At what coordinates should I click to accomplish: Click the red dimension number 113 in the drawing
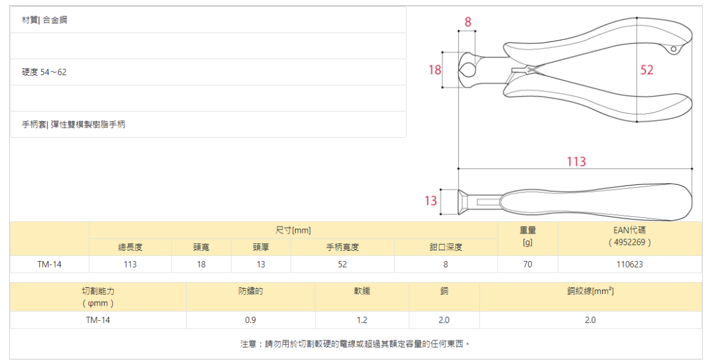(x=576, y=161)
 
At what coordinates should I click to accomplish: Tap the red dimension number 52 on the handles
(x=647, y=70)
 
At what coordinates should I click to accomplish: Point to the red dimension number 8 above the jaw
(x=467, y=22)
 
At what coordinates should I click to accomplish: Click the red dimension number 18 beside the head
(x=435, y=70)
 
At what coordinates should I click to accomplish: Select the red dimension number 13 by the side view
(x=430, y=201)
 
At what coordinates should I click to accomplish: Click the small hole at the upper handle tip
(x=673, y=50)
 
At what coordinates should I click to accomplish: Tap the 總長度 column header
(x=130, y=247)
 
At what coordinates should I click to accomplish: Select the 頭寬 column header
(x=201, y=247)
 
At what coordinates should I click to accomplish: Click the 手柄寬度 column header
(x=342, y=247)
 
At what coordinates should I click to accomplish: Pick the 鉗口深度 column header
(x=446, y=247)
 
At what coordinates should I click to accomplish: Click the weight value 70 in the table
(x=527, y=264)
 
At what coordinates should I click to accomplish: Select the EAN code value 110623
(x=629, y=264)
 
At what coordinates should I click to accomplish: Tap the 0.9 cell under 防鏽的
(x=250, y=320)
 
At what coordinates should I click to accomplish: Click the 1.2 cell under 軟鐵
(x=362, y=320)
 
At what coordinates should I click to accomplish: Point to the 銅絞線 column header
(x=590, y=292)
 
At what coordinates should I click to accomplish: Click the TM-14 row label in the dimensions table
(x=50, y=264)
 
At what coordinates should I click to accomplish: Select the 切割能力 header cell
(x=98, y=297)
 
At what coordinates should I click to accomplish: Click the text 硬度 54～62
(x=44, y=72)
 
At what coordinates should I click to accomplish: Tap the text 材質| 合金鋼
(x=44, y=20)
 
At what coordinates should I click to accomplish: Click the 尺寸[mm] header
(x=293, y=231)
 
